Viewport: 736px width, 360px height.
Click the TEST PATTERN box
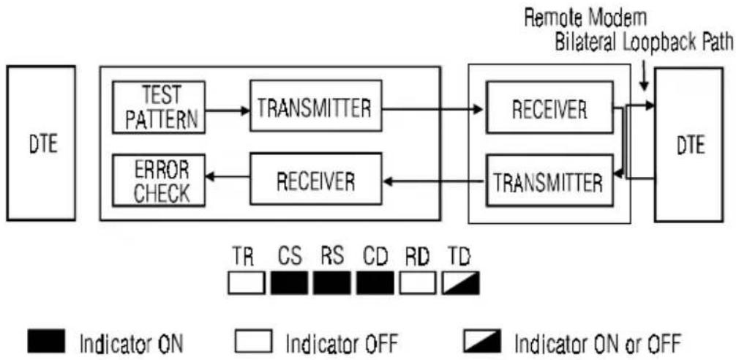click(x=159, y=107)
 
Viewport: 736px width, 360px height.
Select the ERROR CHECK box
click(x=159, y=180)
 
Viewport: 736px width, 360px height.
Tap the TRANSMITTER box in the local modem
click(x=315, y=105)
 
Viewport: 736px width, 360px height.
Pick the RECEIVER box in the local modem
click(x=315, y=179)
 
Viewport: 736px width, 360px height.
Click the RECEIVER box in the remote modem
click(x=549, y=107)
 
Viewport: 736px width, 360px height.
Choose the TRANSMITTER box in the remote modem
click(x=549, y=180)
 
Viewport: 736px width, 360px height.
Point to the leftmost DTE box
click(x=41, y=143)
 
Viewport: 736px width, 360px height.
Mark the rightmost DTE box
click(x=688, y=145)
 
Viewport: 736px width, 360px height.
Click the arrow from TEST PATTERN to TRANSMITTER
click(x=228, y=110)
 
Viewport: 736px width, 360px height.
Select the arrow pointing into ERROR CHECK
click(x=228, y=176)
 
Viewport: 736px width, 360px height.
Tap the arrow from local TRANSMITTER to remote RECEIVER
click(x=432, y=109)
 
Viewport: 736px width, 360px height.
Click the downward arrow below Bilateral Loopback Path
click(x=644, y=78)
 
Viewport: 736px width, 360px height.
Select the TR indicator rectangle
click(x=247, y=282)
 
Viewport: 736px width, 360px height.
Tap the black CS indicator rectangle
click(x=289, y=282)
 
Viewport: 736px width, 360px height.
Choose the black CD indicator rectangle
click(x=375, y=282)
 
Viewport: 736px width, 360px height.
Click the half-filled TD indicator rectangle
click(x=461, y=282)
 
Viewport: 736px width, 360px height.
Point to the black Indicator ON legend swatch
click(x=47, y=341)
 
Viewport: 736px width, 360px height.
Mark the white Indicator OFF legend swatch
click(x=253, y=341)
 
